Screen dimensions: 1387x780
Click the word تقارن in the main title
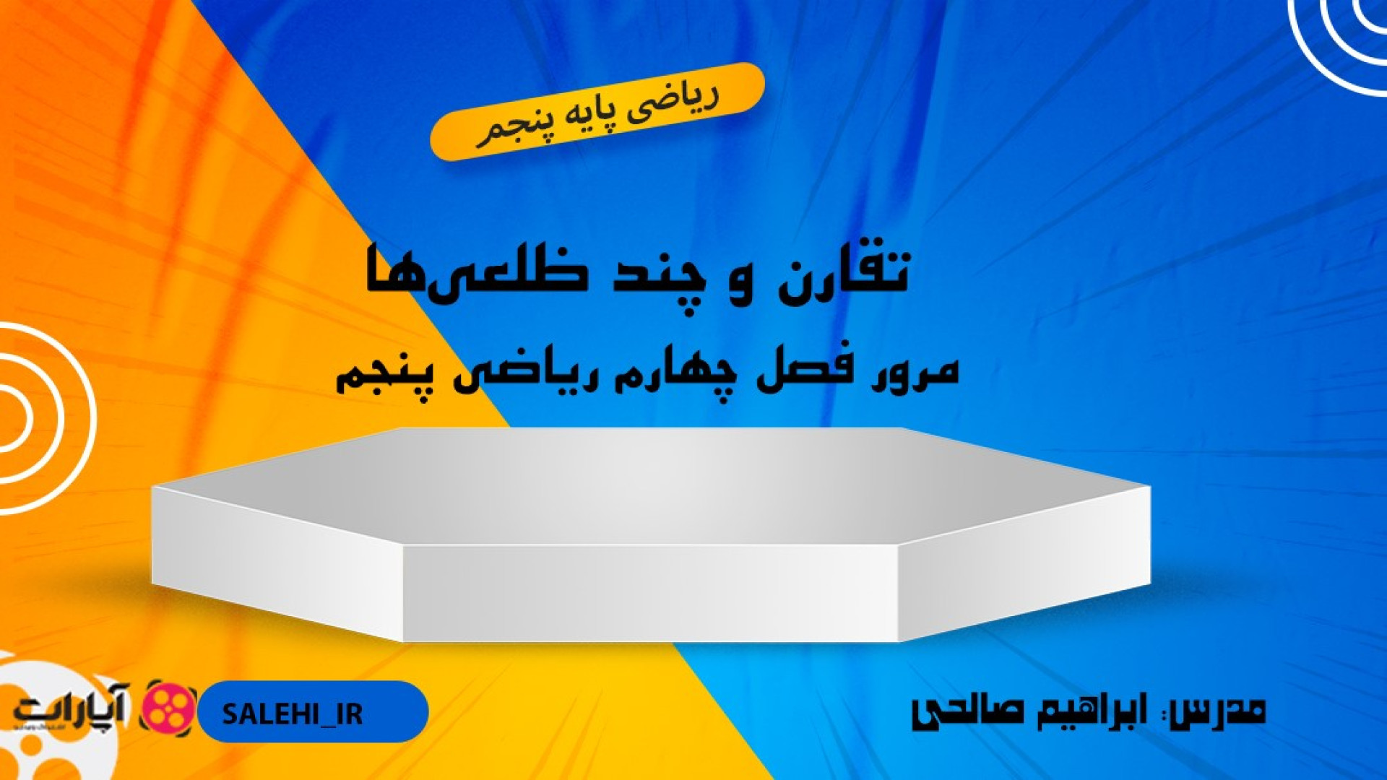(x=842, y=273)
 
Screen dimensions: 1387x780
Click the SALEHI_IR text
(x=292, y=714)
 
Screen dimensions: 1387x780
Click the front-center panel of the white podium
(x=650, y=593)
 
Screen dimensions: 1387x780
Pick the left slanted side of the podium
(x=277, y=563)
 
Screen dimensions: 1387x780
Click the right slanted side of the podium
(x=1024, y=563)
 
